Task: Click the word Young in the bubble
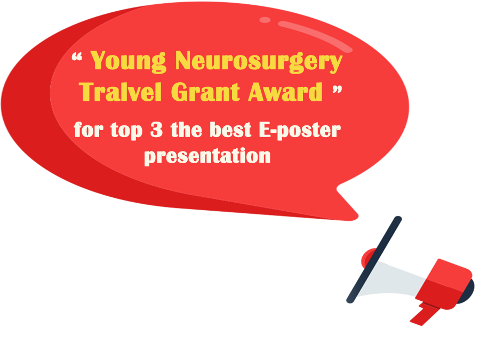tap(128, 61)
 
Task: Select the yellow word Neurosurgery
tap(259, 61)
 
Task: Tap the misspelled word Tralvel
tap(120, 92)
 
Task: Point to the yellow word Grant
tap(205, 92)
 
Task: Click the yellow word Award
tap(285, 92)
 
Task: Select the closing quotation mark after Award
tap(337, 90)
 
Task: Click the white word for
tap(89, 130)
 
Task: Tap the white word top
tap(126, 131)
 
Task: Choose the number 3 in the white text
tap(156, 130)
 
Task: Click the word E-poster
tap(300, 131)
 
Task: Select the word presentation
tap(207, 156)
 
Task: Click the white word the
tap(187, 130)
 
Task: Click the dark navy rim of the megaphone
tap(374, 260)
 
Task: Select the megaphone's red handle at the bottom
tap(425, 315)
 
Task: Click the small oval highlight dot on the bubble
tap(265, 20)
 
